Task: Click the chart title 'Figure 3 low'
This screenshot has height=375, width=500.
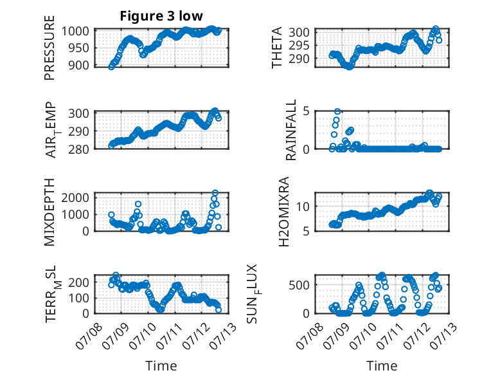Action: click(x=161, y=16)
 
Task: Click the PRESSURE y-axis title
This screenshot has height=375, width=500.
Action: click(x=49, y=48)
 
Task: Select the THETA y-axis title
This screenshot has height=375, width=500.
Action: click(x=277, y=48)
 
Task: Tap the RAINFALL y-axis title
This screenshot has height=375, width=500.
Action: click(x=291, y=129)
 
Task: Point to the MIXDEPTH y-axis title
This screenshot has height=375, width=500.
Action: click(x=49, y=212)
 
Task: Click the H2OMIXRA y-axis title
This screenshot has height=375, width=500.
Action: click(x=284, y=212)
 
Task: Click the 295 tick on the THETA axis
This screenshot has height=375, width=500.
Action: click(x=299, y=45)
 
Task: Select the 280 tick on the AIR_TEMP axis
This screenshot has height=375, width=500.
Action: click(x=78, y=149)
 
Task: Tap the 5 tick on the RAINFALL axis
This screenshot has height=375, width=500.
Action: click(x=306, y=111)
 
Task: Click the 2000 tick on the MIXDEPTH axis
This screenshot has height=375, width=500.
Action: click(x=75, y=198)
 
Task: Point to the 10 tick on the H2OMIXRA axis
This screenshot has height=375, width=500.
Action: click(x=303, y=206)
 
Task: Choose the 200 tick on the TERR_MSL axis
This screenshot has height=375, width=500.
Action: click(x=79, y=282)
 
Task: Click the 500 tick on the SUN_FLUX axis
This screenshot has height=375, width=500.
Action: click(x=299, y=285)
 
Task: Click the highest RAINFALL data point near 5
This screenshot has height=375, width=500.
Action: click(x=337, y=111)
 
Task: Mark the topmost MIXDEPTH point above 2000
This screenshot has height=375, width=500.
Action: click(x=215, y=193)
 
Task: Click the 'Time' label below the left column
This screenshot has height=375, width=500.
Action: click(x=161, y=365)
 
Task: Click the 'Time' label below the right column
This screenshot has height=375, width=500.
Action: click(x=382, y=365)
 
